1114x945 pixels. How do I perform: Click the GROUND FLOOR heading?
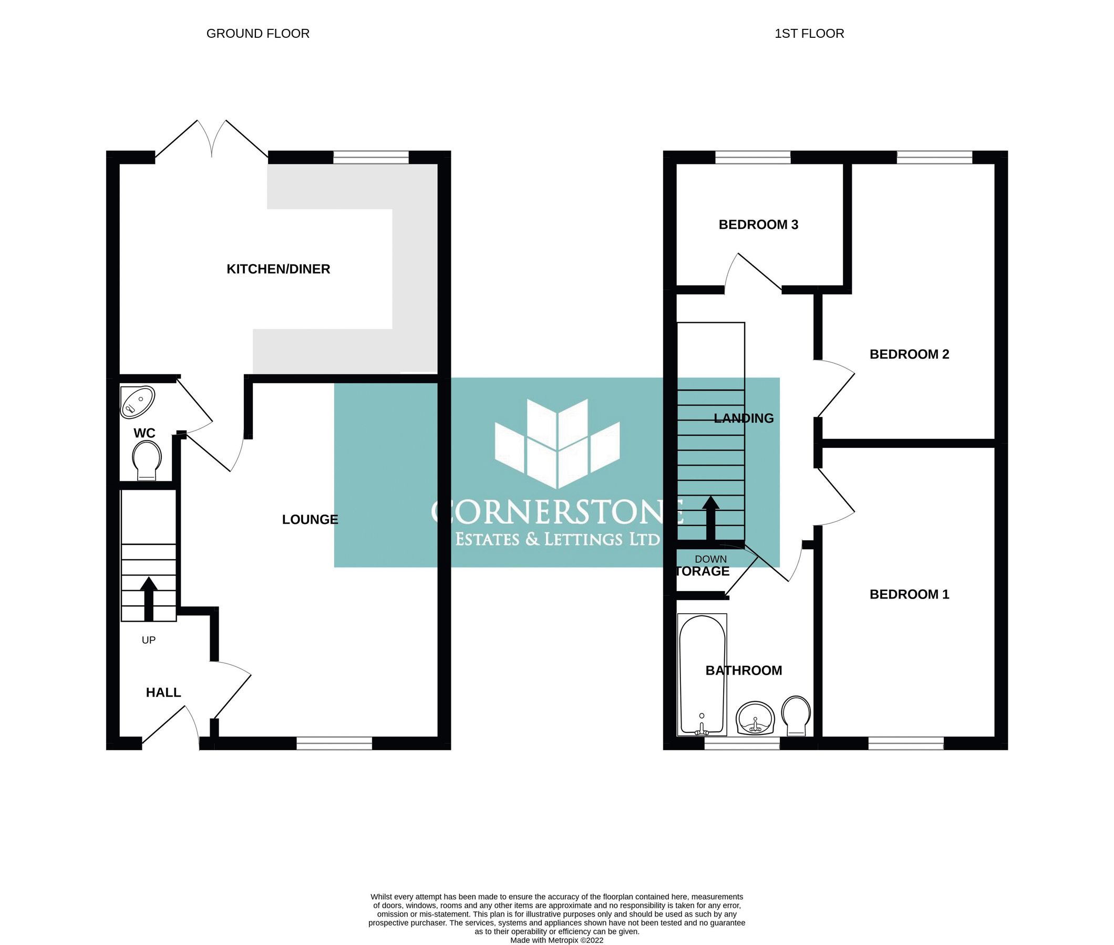(x=258, y=34)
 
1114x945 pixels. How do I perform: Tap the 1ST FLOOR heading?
(x=809, y=34)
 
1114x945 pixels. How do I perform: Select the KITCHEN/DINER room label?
(x=278, y=269)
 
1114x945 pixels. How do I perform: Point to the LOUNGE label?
(x=310, y=519)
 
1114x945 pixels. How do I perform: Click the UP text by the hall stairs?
(x=149, y=640)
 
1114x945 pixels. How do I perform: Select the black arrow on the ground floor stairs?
(x=149, y=598)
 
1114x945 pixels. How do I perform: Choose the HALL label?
(x=163, y=692)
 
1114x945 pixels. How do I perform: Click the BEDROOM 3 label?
(x=758, y=225)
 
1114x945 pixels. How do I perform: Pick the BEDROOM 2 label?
(x=909, y=354)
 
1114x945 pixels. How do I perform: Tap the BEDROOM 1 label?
(x=909, y=594)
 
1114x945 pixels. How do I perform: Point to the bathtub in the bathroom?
(x=702, y=675)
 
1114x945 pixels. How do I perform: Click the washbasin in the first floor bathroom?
(x=755, y=718)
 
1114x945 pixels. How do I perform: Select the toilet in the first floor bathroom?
(x=796, y=715)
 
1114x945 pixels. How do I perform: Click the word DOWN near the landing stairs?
(x=711, y=559)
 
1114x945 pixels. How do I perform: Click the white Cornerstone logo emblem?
(x=558, y=443)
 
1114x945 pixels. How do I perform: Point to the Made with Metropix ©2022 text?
(x=556, y=940)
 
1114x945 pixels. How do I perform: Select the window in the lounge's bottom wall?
(x=334, y=743)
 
